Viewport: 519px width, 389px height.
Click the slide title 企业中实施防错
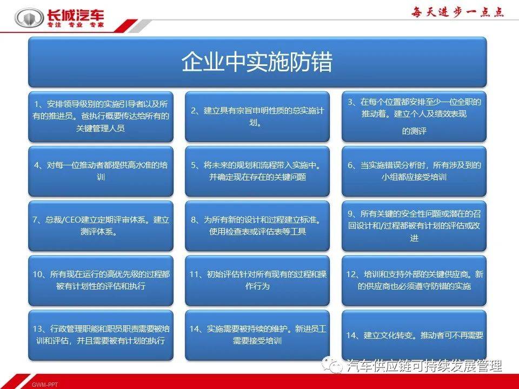click(257, 62)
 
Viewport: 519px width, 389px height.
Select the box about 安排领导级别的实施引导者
click(101, 116)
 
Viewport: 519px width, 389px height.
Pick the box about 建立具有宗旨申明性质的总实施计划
click(257, 116)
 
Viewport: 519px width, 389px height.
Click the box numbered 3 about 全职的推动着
click(414, 116)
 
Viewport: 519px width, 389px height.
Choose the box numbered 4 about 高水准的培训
click(101, 171)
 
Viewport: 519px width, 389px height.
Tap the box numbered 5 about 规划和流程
click(257, 171)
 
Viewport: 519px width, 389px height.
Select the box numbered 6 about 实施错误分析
click(414, 171)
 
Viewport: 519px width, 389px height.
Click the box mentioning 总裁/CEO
click(101, 226)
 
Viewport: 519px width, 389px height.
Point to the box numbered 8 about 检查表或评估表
click(257, 226)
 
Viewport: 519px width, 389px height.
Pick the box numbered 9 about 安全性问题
click(414, 226)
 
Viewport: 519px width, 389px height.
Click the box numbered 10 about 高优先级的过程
click(101, 280)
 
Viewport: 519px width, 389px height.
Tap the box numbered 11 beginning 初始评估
click(257, 280)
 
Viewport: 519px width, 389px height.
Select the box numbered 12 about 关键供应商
click(414, 280)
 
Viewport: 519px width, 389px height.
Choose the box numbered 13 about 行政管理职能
click(101, 335)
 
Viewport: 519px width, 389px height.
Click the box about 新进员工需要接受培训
click(257, 335)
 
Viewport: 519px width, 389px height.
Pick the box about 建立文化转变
click(414, 335)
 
